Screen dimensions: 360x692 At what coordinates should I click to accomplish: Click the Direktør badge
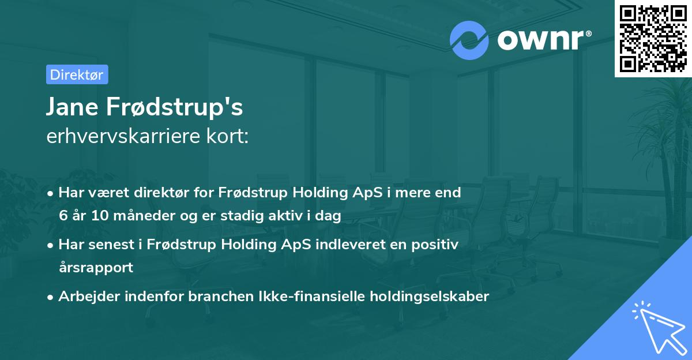pos(77,74)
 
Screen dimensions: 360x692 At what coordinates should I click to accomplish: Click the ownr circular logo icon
pos(469,40)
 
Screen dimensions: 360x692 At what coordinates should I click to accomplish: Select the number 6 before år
pos(63,216)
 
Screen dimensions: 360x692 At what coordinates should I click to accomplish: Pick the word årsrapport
pos(96,268)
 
